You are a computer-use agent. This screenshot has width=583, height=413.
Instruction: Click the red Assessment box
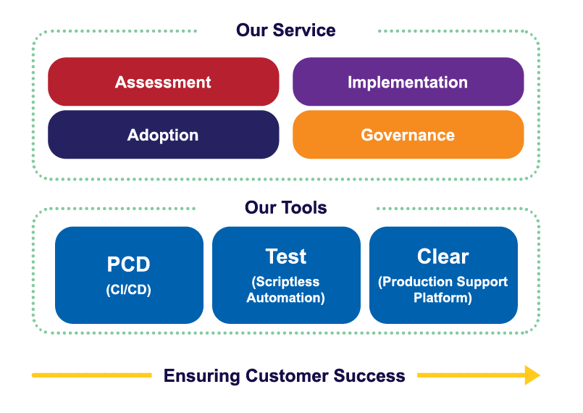tap(163, 82)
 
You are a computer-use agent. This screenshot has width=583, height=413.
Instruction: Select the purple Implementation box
tap(408, 82)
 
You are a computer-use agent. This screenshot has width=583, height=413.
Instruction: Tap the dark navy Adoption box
tap(163, 135)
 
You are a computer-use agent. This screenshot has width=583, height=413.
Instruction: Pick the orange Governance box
tap(408, 135)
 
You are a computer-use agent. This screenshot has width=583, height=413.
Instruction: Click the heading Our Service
tap(286, 30)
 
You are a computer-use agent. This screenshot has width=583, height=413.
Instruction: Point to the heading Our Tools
tap(286, 208)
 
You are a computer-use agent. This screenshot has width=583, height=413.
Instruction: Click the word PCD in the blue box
tap(129, 264)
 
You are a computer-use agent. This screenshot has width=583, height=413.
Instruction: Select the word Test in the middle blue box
tap(286, 256)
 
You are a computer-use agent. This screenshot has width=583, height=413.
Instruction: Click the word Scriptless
tap(286, 282)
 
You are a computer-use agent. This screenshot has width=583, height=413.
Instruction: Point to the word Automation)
tap(286, 297)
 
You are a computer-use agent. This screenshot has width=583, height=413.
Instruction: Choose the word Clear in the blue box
tap(443, 256)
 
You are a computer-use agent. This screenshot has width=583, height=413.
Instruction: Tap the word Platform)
tap(443, 297)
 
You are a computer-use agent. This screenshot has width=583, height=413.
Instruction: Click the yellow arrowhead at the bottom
tap(532, 375)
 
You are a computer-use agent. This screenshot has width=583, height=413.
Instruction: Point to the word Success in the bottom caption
tap(370, 376)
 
